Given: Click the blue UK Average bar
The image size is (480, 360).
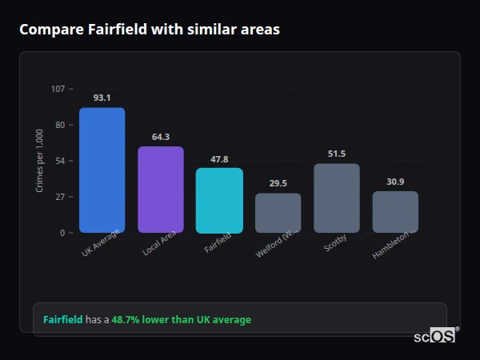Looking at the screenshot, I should pyautogui.click(x=102, y=170).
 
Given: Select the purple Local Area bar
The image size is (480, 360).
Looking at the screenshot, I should pyautogui.click(x=161, y=190).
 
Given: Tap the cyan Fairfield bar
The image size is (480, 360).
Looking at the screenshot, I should pyautogui.click(x=219, y=200).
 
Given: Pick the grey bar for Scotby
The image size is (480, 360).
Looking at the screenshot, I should pyautogui.click(x=337, y=198).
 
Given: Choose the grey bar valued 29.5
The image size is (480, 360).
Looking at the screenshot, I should pyautogui.click(x=278, y=213).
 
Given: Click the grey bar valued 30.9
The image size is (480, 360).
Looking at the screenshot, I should pyautogui.click(x=395, y=212).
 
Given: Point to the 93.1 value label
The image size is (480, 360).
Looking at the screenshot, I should pyautogui.click(x=102, y=98).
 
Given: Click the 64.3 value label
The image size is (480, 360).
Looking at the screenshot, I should pyautogui.click(x=161, y=137).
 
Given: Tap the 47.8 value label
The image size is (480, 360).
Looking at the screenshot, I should pyautogui.click(x=219, y=159).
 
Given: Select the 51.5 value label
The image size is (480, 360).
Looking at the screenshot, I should pyautogui.click(x=337, y=154).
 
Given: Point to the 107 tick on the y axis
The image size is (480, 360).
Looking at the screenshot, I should pyautogui.click(x=58, y=89).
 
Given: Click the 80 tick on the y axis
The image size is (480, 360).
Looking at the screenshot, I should pyautogui.click(x=59, y=125).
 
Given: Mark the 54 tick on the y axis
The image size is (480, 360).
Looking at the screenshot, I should pyautogui.click(x=59, y=161).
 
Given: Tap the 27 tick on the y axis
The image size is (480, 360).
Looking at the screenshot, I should pyautogui.click(x=59, y=197).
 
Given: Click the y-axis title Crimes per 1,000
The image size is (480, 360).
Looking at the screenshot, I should pyautogui.click(x=40, y=160).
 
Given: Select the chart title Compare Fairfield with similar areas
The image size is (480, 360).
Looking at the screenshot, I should pyautogui.click(x=150, y=30).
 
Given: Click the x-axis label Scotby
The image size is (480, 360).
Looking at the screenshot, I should pyautogui.click(x=335, y=243).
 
